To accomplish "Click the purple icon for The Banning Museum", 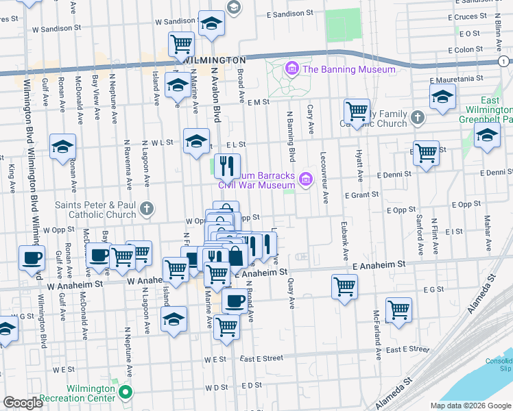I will (x=291, y=68).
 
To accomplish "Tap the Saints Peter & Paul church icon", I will (x=145, y=208).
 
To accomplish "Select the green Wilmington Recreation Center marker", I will (x=125, y=392).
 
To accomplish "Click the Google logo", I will (x=23, y=403).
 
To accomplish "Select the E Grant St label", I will (x=362, y=195).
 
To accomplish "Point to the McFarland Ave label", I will (x=377, y=327).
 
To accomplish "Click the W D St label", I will (x=215, y=387).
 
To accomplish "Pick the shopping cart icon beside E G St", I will (x=398, y=310).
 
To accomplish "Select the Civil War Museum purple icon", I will (x=306, y=179).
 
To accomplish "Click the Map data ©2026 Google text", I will (x=470, y=406).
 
